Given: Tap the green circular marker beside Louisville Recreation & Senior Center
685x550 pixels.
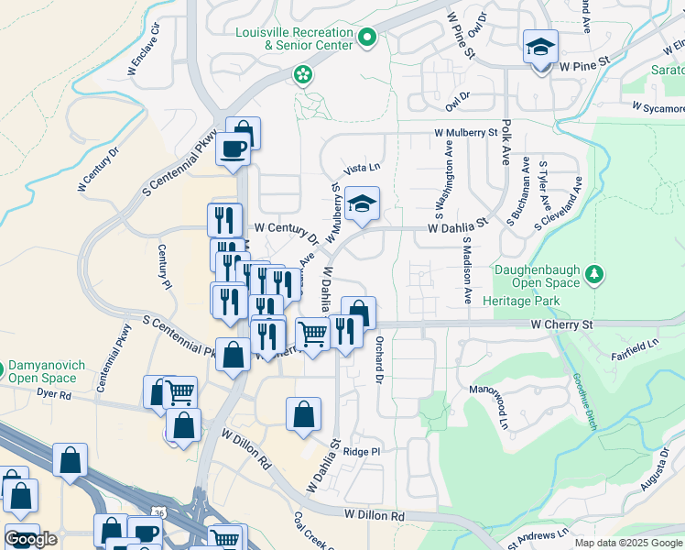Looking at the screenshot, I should (366, 38).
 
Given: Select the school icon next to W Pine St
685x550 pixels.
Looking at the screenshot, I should (540, 46).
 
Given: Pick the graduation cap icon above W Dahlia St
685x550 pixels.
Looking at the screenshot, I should (363, 205).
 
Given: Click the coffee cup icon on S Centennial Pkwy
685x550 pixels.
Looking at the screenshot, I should (233, 149).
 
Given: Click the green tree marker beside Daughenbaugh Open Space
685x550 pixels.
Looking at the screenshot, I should (595, 274).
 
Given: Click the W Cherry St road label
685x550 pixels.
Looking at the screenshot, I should (561, 324).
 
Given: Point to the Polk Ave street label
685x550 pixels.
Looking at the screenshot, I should (506, 147).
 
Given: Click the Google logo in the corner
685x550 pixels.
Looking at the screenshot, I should (30, 539).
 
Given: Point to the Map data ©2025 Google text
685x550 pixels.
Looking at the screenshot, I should (628, 543).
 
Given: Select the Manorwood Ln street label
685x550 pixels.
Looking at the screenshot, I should (504, 408).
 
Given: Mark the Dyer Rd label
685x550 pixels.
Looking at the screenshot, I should (54, 395).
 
